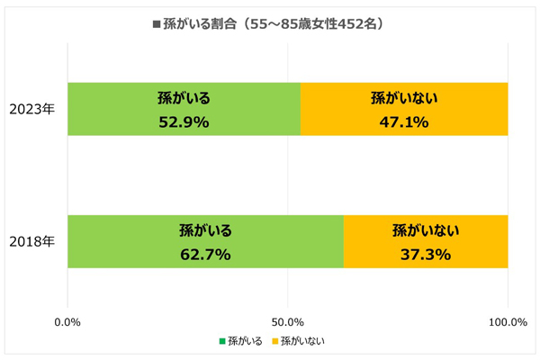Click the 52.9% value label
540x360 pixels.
(x=184, y=121)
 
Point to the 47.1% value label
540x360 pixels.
(x=404, y=121)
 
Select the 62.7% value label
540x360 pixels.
(x=205, y=255)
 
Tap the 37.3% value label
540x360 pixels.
(x=426, y=255)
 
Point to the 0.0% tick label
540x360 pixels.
(x=68, y=321)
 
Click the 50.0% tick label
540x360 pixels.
(x=288, y=321)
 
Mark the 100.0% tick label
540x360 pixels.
(x=507, y=321)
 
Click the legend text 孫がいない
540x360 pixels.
(x=302, y=341)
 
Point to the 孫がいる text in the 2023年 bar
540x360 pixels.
(x=184, y=97)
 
